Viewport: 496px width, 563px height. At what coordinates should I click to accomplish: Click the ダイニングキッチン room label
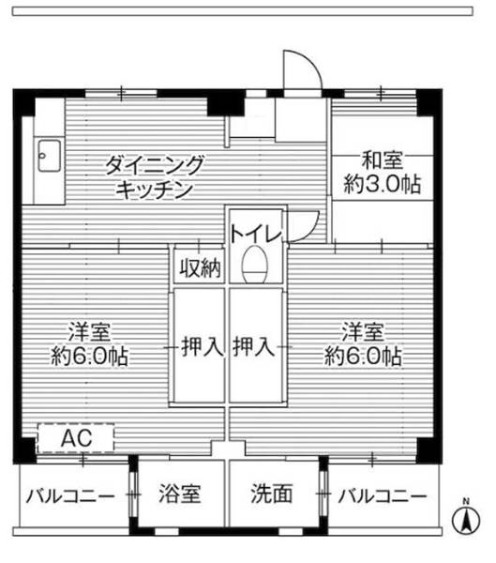click(154, 176)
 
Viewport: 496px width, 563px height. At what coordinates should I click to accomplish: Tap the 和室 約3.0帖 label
click(381, 172)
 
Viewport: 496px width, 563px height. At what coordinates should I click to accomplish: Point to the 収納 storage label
click(200, 267)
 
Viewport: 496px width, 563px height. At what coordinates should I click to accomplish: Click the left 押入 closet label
click(200, 347)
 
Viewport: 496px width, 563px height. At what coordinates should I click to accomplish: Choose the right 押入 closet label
click(254, 347)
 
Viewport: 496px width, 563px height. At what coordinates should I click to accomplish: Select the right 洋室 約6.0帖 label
click(364, 344)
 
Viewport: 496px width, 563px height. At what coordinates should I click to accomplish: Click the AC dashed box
click(75, 438)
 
